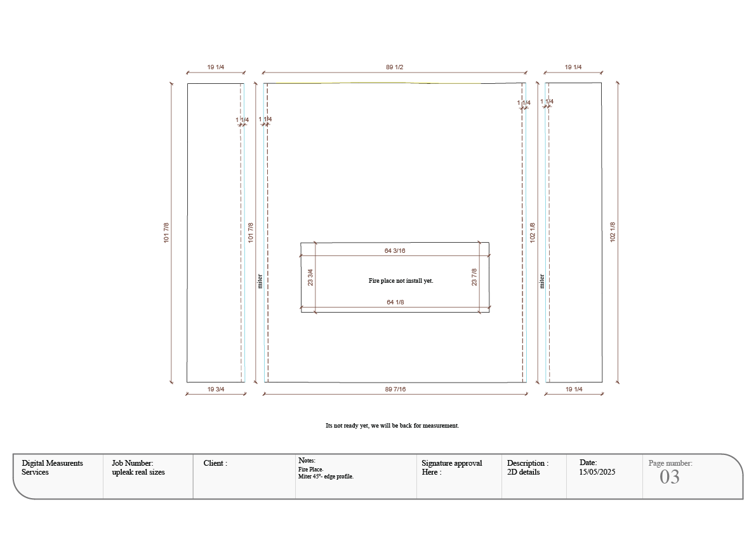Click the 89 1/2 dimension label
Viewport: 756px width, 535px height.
click(x=394, y=67)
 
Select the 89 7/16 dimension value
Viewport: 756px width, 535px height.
click(x=395, y=389)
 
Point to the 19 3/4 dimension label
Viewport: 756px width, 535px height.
click(x=216, y=389)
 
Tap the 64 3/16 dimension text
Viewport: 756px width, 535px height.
click(x=395, y=251)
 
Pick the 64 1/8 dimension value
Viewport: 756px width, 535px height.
click(x=395, y=302)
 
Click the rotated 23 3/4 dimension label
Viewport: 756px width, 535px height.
click(x=310, y=278)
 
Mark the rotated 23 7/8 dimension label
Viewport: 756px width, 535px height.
click(x=474, y=278)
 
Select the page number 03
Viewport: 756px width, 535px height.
click(x=669, y=477)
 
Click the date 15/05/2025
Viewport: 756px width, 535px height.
click(x=597, y=472)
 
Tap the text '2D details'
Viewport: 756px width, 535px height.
click(x=523, y=472)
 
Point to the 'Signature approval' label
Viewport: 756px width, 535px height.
click(x=451, y=463)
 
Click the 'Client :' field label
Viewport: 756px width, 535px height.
click(x=215, y=463)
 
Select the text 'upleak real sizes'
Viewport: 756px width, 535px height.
click(x=138, y=472)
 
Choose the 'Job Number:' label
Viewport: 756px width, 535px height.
click(x=132, y=463)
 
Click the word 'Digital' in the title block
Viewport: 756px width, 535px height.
click(x=33, y=463)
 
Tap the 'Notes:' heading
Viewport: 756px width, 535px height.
click(x=307, y=460)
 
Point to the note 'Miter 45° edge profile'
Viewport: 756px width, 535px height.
click(x=325, y=477)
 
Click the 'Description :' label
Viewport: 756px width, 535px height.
click(x=527, y=463)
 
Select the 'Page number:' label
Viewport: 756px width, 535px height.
click(x=670, y=463)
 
